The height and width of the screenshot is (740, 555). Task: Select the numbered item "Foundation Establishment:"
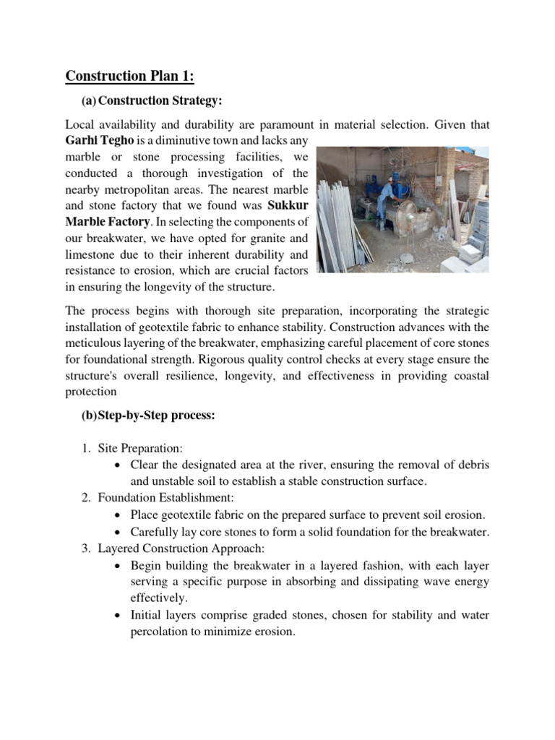coord(165,498)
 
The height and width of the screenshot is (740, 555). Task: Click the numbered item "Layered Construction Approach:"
coord(181,548)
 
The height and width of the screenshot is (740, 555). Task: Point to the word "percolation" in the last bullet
coord(163,631)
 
